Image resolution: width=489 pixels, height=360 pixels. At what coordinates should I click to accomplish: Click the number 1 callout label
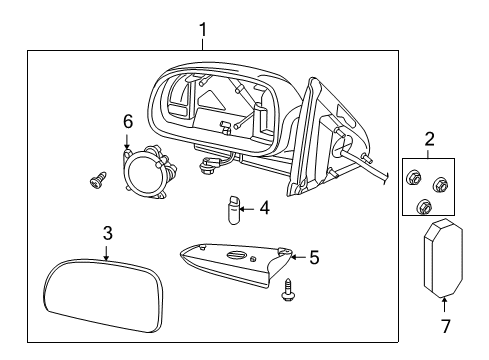[203, 31]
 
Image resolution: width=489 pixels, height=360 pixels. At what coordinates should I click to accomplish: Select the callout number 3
[108, 233]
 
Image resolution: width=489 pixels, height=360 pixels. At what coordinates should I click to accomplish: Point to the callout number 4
[264, 209]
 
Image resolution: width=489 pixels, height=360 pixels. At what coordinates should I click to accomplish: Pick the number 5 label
[314, 257]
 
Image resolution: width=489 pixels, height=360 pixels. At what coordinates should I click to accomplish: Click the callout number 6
[128, 120]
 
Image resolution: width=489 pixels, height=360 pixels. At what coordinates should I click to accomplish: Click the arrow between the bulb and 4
[248, 209]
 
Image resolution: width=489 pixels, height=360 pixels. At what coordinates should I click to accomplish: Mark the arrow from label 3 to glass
[108, 251]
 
